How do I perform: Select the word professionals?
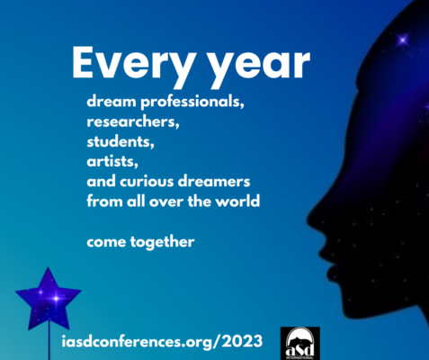(x=192, y=103)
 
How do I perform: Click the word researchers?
(x=133, y=121)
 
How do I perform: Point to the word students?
(x=121, y=141)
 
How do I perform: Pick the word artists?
(x=112, y=162)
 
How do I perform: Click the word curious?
(x=147, y=182)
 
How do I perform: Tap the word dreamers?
(x=214, y=182)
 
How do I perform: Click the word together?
(x=162, y=242)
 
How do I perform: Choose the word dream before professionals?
(x=112, y=102)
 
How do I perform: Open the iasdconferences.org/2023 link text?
(x=162, y=341)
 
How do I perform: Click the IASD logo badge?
(x=300, y=343)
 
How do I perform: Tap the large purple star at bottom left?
(x=49, y=300)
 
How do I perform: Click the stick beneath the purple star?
(x=49, y=340)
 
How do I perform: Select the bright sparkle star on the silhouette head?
(x=403, y=40)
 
